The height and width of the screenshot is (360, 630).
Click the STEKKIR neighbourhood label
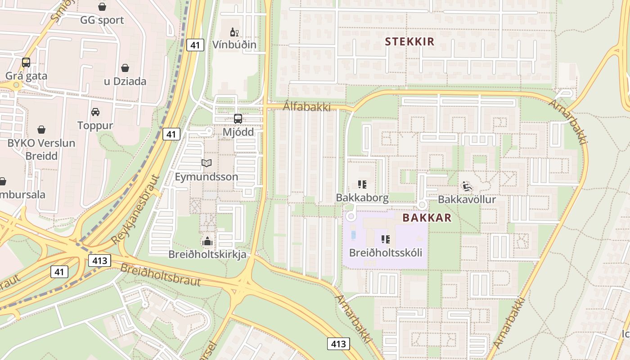(x=409, y=42)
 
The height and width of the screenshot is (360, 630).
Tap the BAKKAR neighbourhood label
(x=427, y=218)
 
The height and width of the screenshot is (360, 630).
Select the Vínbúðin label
(x=234, y=45)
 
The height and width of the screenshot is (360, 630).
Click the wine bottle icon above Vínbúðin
(x=234, y=32)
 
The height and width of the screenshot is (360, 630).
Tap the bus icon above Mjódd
(x=238, y=119)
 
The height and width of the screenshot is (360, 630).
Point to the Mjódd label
(x=238, y=132)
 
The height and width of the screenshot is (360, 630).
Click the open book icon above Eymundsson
(x=207, y=163)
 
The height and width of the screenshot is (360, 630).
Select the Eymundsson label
(x=207, y=177)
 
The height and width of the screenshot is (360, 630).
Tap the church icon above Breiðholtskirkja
(x=207, y=242)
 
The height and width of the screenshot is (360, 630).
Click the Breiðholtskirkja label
(x=207, y=255)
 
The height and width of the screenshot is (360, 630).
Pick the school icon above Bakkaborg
(x=362, y=184)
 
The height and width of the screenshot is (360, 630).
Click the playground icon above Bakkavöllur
(x=467, y=185)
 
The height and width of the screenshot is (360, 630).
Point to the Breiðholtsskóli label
(x=386, y=252)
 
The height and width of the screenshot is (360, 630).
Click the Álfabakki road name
(x=307, y=107)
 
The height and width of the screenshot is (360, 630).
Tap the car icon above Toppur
(x=95, y=112)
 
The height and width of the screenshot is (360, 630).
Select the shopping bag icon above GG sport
(x=102, y=7)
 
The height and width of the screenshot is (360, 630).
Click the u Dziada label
(x=125, y=81)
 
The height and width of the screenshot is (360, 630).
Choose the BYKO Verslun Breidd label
(x=41, y=149)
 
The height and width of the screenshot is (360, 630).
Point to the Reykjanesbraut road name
(x=136, y=210)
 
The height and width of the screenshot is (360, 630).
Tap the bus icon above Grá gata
(x=26, y=63)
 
